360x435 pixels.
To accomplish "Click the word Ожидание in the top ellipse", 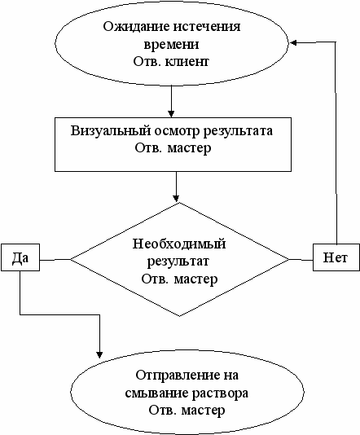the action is [x=136, y=27].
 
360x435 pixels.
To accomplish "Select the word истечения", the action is [x=207, y=27].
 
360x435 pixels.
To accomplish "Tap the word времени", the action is [x=171, y=44].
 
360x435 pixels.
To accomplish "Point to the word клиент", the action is [x=187, y=61].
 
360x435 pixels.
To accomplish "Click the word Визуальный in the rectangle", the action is [x=111, y=130].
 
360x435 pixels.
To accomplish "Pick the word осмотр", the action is [x=177, y=131].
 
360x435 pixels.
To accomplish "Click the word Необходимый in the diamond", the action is [x=179, y=244].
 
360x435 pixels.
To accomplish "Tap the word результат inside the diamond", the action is [x=178, y=261].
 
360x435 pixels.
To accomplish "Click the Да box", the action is [x=20, y=257].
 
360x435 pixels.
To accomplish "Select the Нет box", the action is [x=336, y=257].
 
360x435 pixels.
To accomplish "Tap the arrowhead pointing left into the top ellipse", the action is [x=293, y=42].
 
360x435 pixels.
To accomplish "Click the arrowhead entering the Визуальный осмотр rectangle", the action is [x=171, y=114].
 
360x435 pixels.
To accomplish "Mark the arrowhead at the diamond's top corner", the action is [x=176, y=198].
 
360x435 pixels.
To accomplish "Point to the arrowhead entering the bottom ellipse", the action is [x=99, y=355].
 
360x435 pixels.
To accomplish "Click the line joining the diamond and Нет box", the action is [x=301, y=260].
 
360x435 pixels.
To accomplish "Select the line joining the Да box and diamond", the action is [x=55, y=260].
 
